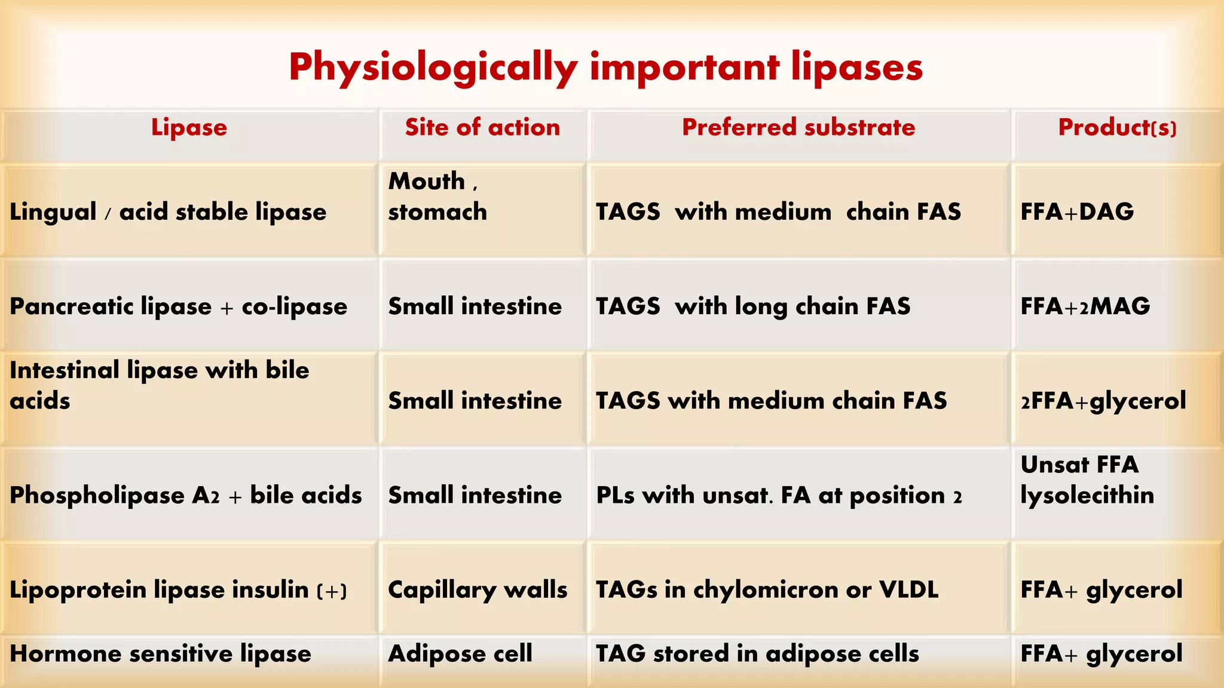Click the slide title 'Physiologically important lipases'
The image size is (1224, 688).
pos(605,67)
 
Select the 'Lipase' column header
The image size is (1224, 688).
pos(189,127)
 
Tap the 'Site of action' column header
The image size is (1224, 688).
pos(482,127)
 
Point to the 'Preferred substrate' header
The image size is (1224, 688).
pos(798,127)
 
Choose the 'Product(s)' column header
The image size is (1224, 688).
pos(1117,127)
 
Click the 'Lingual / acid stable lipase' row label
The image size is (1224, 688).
pos(168,212)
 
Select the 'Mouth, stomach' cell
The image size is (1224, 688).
pos(437,196)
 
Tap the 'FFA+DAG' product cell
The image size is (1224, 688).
pos(1077,212)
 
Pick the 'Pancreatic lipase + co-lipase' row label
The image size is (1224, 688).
pos(178,306)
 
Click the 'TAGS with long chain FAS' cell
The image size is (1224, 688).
pos(753,306)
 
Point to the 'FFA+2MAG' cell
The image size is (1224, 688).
pos(1085,306)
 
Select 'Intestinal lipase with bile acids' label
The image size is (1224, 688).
pos(160,385)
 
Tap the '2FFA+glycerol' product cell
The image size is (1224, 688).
pos(1103,401)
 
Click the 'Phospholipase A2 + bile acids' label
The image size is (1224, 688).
pos(186,495)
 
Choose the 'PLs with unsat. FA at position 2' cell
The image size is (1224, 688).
pos(779,495)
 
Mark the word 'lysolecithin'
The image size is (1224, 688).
pos(1087,495)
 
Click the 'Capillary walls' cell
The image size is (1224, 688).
pos(478,589)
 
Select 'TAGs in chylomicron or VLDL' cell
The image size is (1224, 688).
pos(767,589)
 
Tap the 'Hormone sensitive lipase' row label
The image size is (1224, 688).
pos(160,653)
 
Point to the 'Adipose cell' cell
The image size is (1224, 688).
pos(460,653)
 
